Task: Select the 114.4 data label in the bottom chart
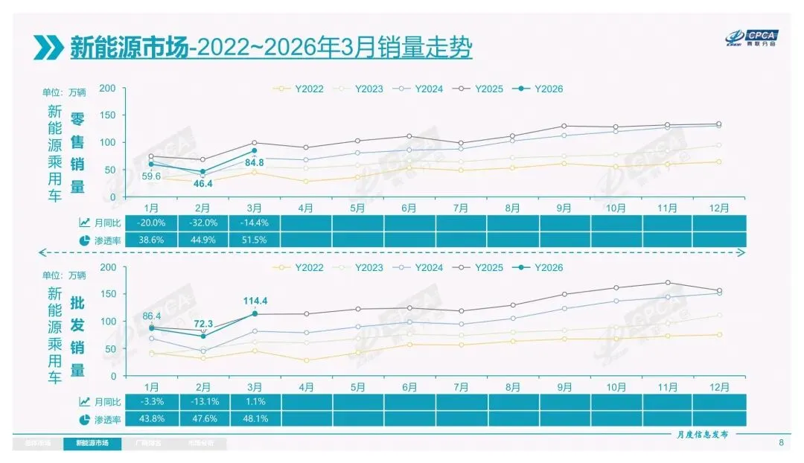coord(255,301)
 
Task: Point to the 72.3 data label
coord(203,324)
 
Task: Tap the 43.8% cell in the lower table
coord(152,419)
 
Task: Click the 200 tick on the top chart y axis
coord(107,88)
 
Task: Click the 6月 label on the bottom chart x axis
coord(409,387)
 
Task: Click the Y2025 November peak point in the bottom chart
coord(667,283)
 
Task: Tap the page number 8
coord(781,444)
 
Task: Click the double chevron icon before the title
coord(48,48)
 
